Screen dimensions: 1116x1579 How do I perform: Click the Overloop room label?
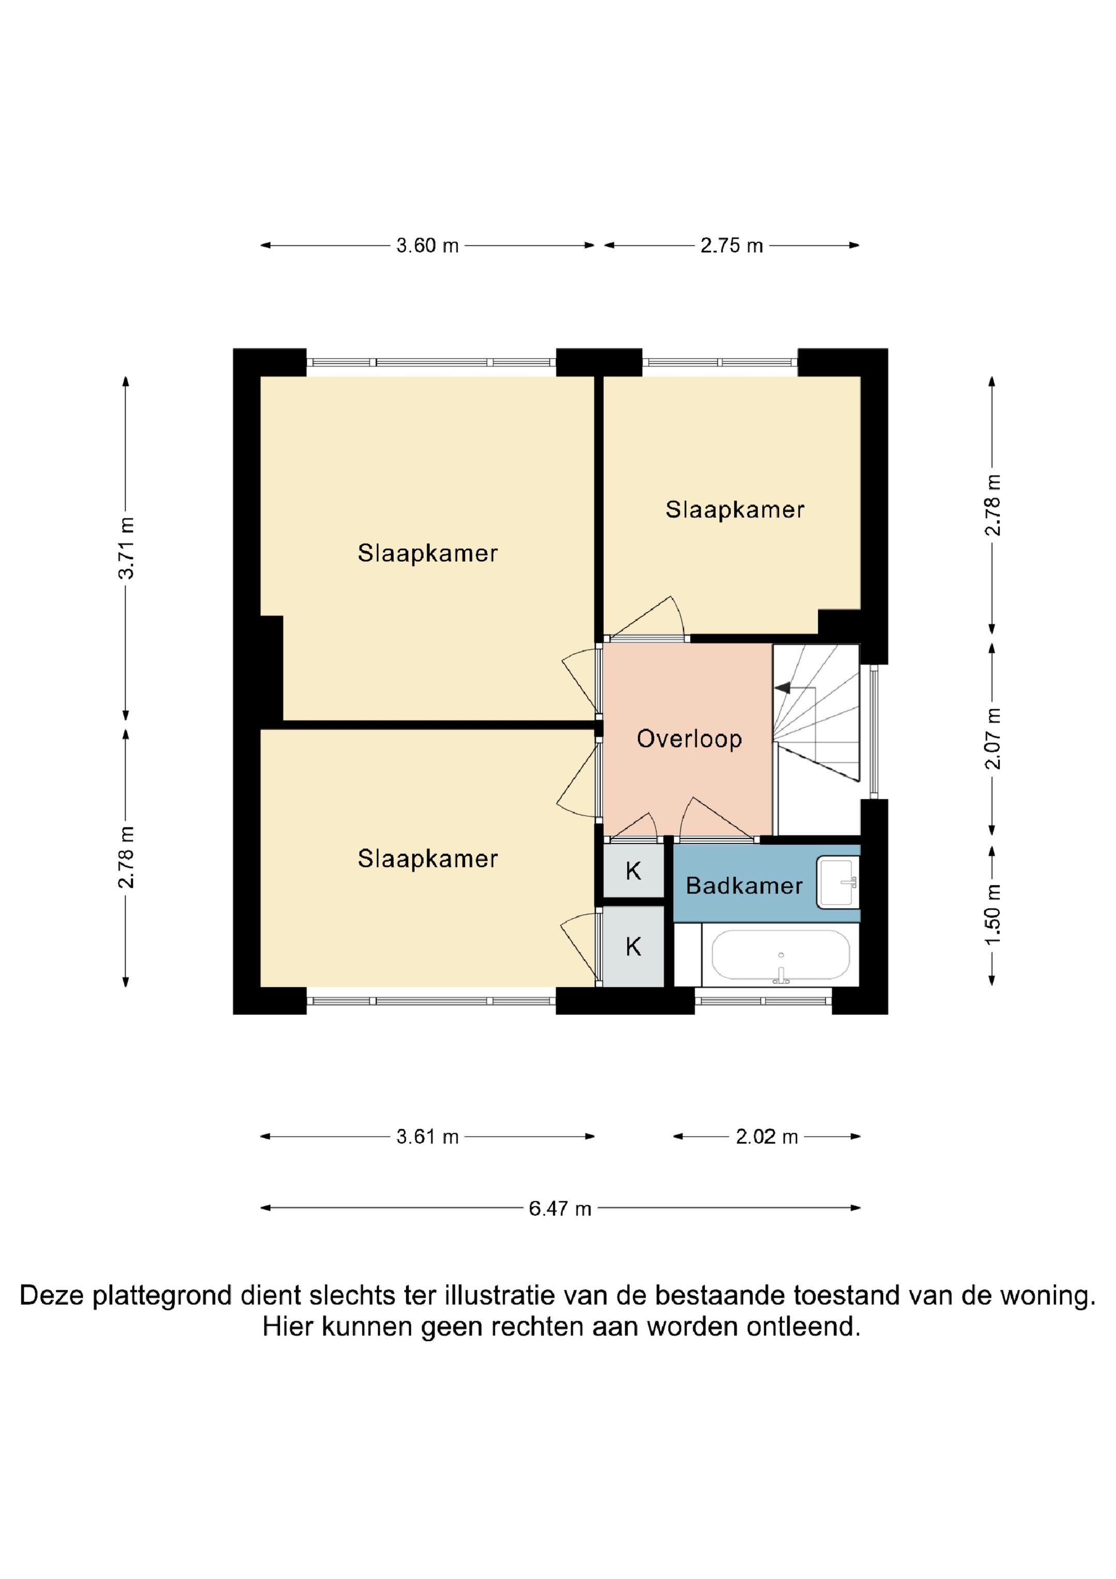pyautogui.click(x=689, y=739)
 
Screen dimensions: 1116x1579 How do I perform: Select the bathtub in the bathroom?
pyautogui.click(x=781, y=955)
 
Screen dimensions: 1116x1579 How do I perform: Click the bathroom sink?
pyautogui.click(x=838, y=882)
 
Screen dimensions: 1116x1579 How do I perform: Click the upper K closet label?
pyautogui.click(x=633, y=871)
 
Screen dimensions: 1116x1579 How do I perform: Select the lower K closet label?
pyautogui.click(x=633, y=947)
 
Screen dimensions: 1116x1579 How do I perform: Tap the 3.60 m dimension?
pyautogui.click(x=427, y=246)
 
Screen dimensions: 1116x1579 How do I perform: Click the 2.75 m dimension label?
pyautogui.click(x=732, y=246)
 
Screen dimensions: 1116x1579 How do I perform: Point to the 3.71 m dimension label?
pyautogui.click(x=126, y=548)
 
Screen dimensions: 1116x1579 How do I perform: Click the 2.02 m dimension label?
pyautogui.click(x=767, y=1137)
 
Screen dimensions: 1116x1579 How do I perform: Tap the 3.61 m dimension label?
pyautogui.click(x=427, y=1137)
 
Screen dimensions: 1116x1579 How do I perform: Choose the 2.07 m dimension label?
pyautogui.click(x=992, y=738)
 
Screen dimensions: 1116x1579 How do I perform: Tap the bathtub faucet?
pyautogui.click(x=781, y=974)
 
